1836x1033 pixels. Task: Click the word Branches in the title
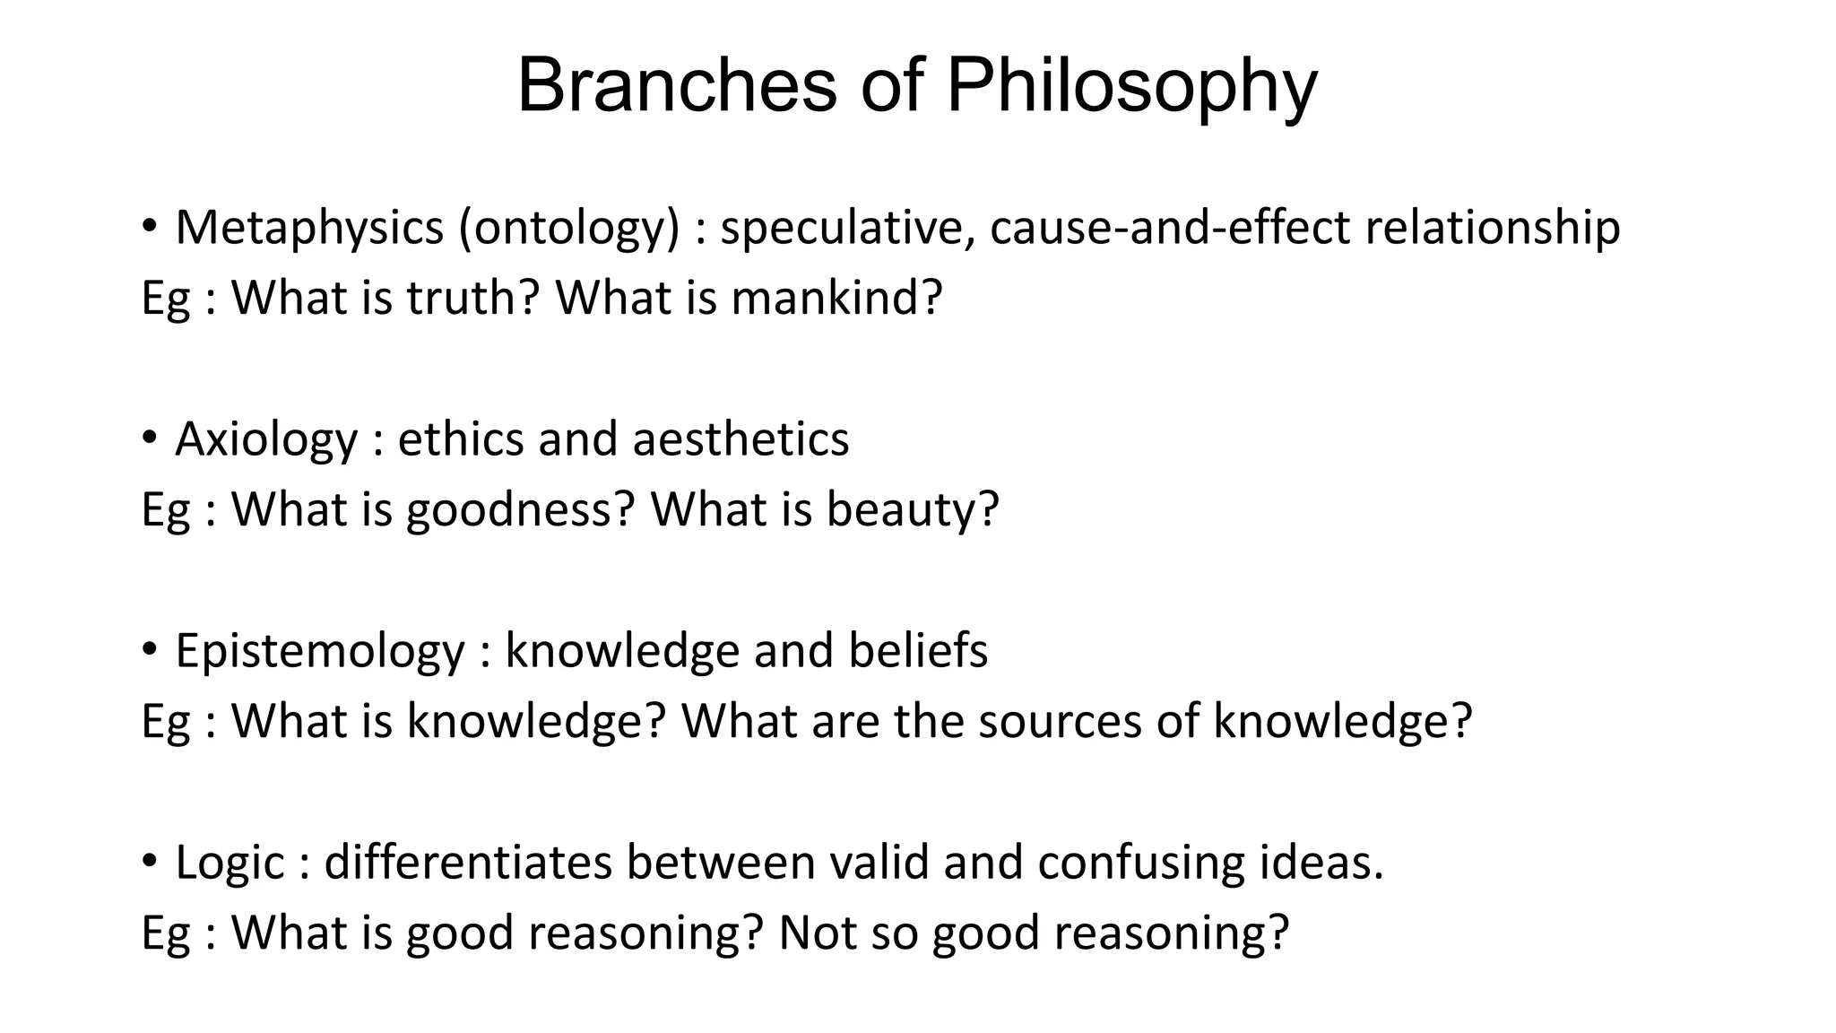point(677,86)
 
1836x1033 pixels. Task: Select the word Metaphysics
point(309,227)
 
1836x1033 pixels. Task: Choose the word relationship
point(1493,229)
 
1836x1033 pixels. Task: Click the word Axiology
point(266,440)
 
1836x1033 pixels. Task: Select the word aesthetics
point(740,439)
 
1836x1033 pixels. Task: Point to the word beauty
point(912,510)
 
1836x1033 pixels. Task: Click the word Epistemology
point(320,652)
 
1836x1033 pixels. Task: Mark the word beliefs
point(918,650)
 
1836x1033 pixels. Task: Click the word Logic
point(229,864)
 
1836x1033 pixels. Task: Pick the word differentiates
point(467,862)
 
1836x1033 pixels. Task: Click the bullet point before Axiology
point(150,438)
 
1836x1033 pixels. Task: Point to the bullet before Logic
point(150,862)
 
